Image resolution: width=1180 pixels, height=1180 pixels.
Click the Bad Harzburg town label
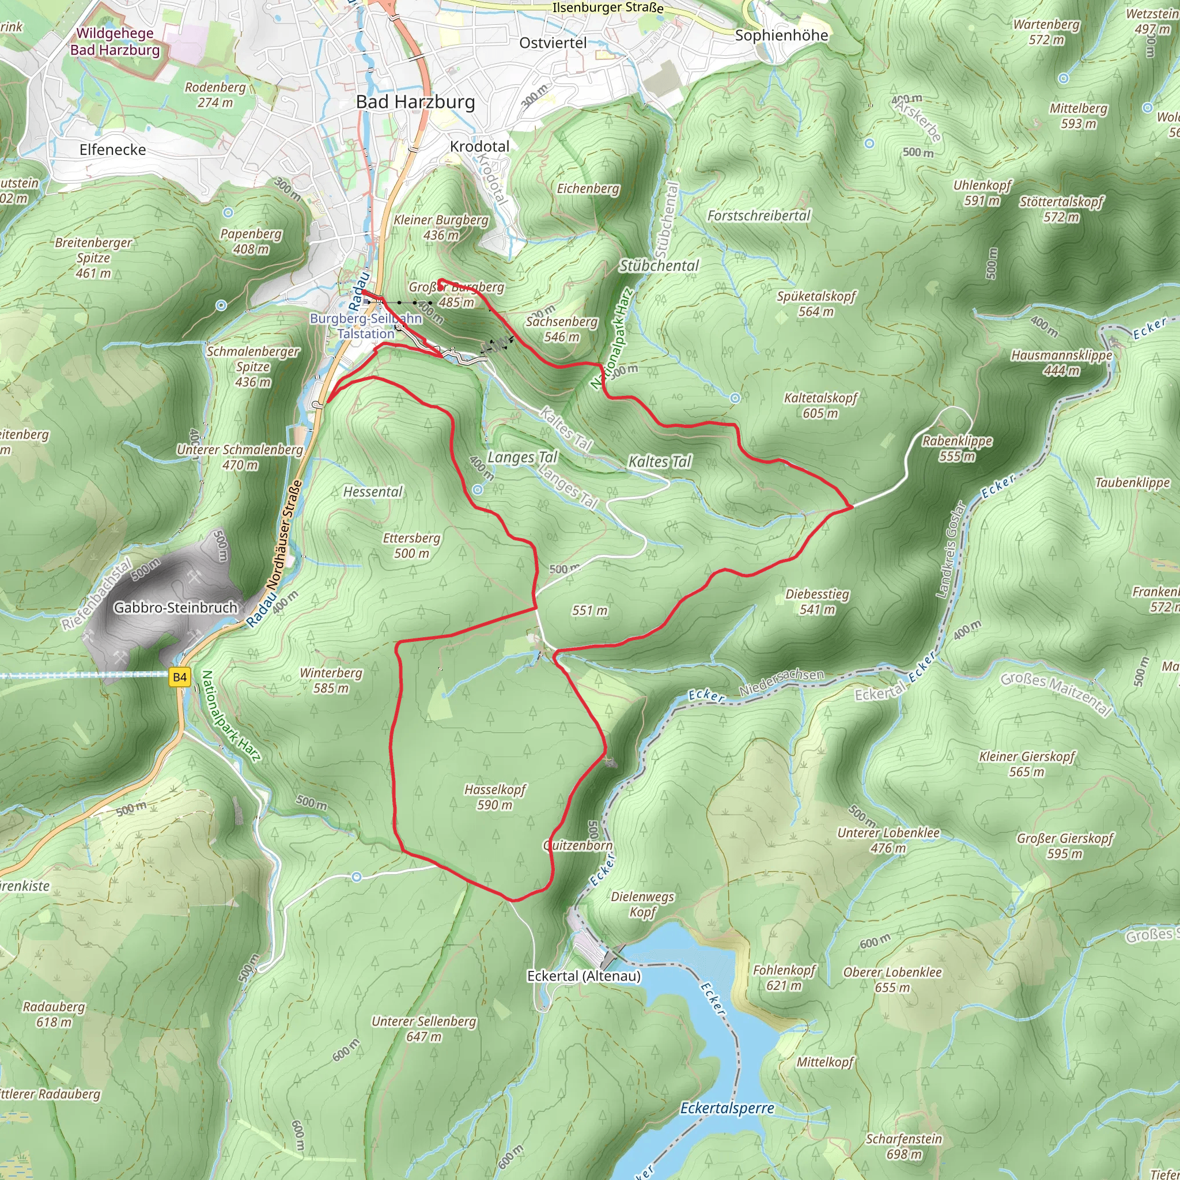click(415, 102)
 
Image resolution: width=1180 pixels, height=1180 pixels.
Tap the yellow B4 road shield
click(180, 677)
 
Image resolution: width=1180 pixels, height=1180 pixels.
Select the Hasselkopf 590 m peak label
click(495, 797)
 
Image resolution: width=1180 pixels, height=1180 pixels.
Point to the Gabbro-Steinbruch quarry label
click(175, 608)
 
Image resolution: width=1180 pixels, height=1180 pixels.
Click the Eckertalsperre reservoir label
click(727, 1108)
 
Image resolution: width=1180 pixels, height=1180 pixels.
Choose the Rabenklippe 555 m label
click(957, 448)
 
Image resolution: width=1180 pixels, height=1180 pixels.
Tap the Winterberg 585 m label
click(331, 680)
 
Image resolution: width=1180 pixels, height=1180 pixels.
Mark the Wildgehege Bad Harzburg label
click(115, 41)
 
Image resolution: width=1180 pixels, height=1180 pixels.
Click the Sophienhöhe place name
click(781, 35)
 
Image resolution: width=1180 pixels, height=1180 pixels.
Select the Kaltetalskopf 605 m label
click(820, 406)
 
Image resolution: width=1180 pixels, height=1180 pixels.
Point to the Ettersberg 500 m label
click(411, 546)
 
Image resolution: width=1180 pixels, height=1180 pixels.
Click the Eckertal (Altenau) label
click(584, 976)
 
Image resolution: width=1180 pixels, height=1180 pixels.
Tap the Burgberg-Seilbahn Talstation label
click(366, 326)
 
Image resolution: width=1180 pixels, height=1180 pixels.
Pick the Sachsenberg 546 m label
click(562, 328)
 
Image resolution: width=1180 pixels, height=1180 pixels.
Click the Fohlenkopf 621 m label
click(784, 977)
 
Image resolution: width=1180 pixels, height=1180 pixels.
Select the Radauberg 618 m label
click(54, 1014)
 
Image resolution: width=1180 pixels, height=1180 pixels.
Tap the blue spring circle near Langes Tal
click(478, 490)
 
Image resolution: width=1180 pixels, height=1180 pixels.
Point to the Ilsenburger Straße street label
click(608, 8)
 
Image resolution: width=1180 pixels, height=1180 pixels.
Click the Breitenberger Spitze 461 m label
click(93, 258)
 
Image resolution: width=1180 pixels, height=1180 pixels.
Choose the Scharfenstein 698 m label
click(904, 1146)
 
